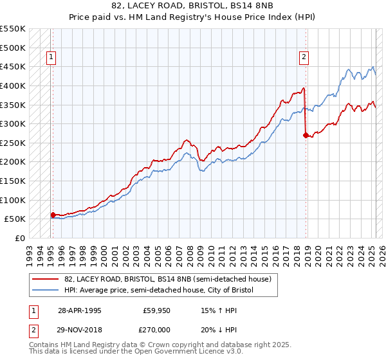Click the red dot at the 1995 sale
pyautogui.click(x=53, y=215)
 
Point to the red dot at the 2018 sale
pyautogui.click(x=306, y=135)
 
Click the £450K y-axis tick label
pyautogui.click(x=13, y=66)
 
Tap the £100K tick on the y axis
pyautogui.click(x=13, y=200)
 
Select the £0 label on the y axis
pyautogui.click(x=20, y=238)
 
